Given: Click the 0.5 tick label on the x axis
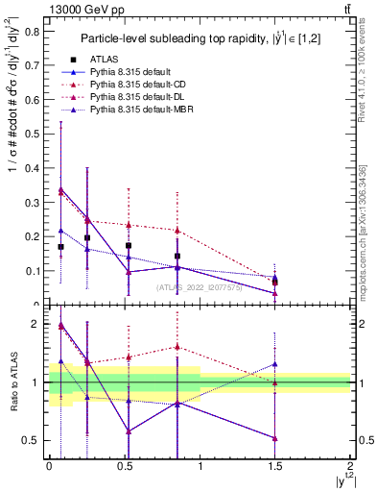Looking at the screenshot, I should [124, 465].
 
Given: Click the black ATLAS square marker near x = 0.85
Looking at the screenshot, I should [177, 257].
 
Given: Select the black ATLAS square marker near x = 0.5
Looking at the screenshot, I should [129, 246].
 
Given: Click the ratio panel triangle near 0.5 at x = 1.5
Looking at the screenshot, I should [275, 438].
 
